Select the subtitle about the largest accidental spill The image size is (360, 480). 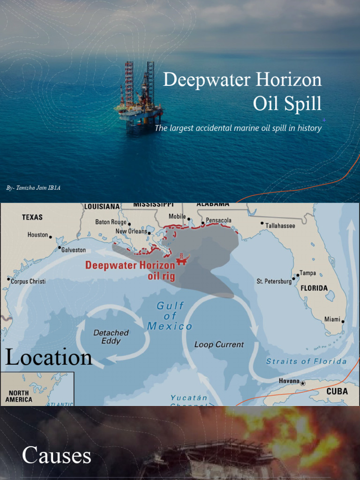point(238,128)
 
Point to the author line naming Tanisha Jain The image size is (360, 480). point(33,188)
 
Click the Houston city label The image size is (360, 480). point(37,235)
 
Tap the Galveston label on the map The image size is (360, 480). point(74,250)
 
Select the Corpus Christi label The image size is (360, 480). point(28,282)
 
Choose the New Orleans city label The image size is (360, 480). point(131,232)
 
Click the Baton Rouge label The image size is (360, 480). point(111,222)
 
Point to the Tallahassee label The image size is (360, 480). point(280,226)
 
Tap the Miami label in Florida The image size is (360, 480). point(332,319)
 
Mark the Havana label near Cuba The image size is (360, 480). point(289,381)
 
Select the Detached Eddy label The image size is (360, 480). point(111,337)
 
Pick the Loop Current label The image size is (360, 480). point(219,345)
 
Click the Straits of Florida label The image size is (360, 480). point(306,361)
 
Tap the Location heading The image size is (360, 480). point(48,358)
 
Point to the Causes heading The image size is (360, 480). point(56,456)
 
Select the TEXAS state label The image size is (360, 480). point(32,217)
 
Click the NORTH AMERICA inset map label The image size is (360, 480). point(19,397)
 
